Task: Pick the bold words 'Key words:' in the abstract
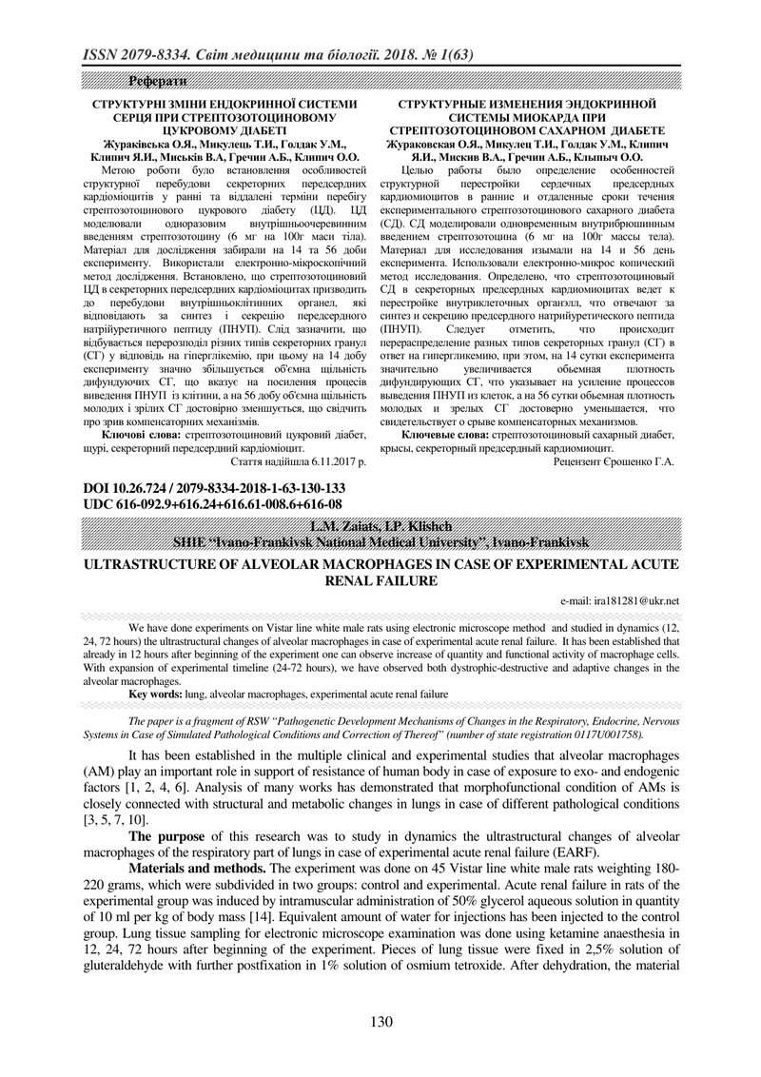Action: pos(158,695)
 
